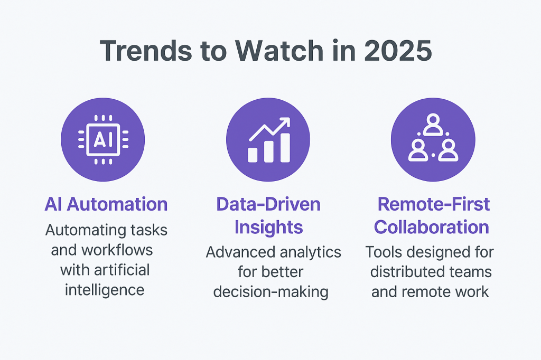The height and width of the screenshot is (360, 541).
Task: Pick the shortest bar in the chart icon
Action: pos(253,154)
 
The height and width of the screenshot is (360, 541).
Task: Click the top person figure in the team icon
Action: pos(433,125)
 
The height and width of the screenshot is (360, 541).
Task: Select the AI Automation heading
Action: pos(106,204)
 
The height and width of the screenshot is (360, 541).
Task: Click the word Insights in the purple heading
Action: pos(268,227)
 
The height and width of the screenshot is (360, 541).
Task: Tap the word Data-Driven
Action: pos(268,204)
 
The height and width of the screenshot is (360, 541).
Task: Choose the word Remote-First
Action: pos(433,204)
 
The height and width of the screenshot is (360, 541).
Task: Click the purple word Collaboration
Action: pos(431,227)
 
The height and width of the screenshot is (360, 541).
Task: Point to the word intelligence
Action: pos(105,290)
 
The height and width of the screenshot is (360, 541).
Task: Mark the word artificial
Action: pos(120,270)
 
